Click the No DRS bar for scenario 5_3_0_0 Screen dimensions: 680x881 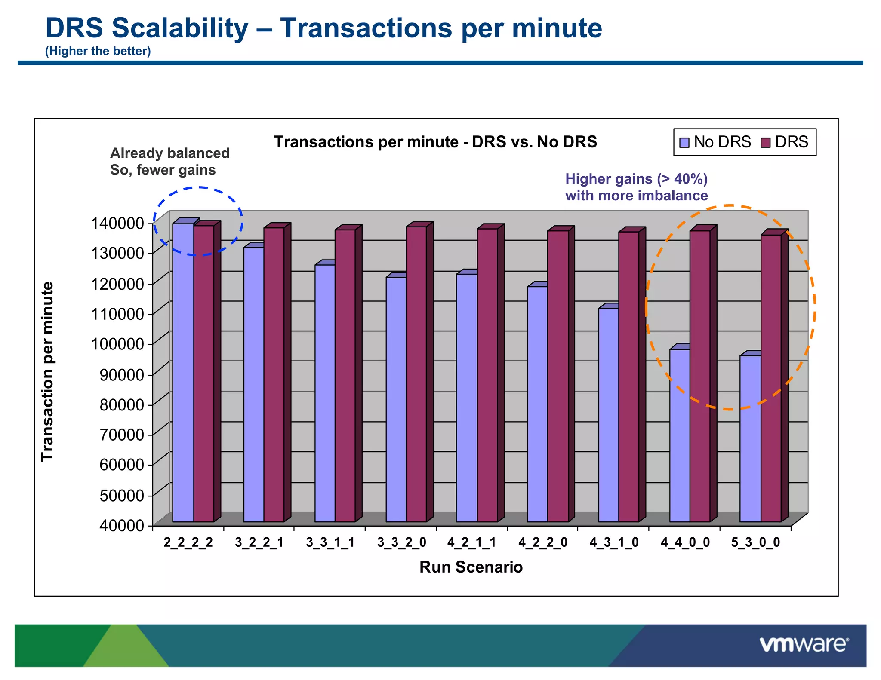pyautogui.click(x=750, y=438)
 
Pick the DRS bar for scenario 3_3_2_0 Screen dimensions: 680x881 pyautogui.click(x=416, y=374)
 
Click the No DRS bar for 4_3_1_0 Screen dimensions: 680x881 pyautogui.click(x=608, y=415)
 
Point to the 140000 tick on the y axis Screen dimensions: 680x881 pyautogui.click(x=117, y=223)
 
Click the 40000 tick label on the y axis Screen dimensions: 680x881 pyautogui.click(x=121, y=525)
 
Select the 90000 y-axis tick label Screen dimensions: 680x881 pyautogui.click(x=121, y=374)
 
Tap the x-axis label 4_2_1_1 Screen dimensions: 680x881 pyautogui.click(x=471, y=542)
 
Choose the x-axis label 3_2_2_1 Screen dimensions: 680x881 pyautogui.click(x=259, y=542)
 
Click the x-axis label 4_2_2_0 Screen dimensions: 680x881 pyautogui.click(x=542, y=542)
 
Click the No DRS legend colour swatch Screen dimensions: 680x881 pyautogui.click(x=684, y=142)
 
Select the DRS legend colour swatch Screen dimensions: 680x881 pyautogui.click(x=765, y=142)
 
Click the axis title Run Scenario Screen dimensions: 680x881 pyautogui.click(x=471, y=567)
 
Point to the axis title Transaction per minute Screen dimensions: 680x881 pyautogui.click(x=47, y=372)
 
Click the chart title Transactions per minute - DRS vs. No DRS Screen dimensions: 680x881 pyautogui.click(x=435, y=142)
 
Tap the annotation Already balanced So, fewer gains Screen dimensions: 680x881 pyautogui.click(x=169, y=162)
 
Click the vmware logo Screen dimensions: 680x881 pyautogui.click(x=804, y=645)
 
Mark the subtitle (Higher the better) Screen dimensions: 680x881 pyautogui.click(x=98, y=51)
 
